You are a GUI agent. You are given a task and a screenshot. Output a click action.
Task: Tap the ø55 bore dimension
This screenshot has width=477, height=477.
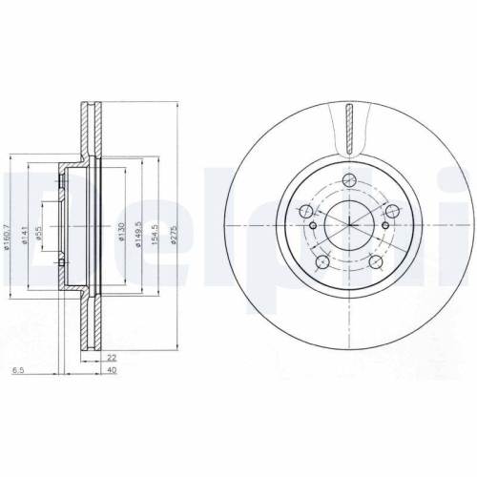coord(39,233)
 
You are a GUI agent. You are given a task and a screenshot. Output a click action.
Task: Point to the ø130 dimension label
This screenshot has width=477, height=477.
coord(120,233)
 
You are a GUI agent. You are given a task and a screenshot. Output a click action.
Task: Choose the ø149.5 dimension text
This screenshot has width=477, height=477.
coord(140,233)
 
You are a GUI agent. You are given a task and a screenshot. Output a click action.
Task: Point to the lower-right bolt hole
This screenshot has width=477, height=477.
coord(375,259)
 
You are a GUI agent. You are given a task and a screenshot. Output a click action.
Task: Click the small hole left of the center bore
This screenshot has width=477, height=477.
coord(311,225)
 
